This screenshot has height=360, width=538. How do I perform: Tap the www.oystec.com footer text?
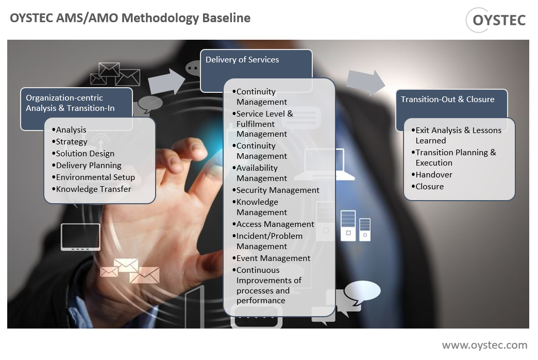(x=484, y=345)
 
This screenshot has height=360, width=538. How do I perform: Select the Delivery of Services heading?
(x=242, y=60)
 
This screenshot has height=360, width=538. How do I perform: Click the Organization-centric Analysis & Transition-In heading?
(x=70, y=103)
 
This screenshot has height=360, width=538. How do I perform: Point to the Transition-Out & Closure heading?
(x=447, y=100)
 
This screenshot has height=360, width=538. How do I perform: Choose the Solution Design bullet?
(x=85, y=154)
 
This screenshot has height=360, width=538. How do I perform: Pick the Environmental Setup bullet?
(x=95, y=177)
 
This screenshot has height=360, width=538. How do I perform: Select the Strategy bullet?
(x=72, y=142)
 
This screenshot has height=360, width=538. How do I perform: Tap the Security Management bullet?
(x=278, y=190)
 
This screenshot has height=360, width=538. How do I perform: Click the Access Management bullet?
(x=275, y=224)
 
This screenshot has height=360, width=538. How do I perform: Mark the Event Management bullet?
(x=273, y=258)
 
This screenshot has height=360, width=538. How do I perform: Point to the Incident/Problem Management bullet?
(x=269, y=241)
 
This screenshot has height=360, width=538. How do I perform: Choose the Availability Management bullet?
(x=261, y=173)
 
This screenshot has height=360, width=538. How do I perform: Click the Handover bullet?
(x=434, y=175)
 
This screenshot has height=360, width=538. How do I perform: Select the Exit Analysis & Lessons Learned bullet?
(x=458, y=136)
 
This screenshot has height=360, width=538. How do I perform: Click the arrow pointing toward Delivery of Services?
(x=166, y=81)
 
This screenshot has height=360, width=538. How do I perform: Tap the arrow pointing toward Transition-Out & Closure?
(x=365, y=83)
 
